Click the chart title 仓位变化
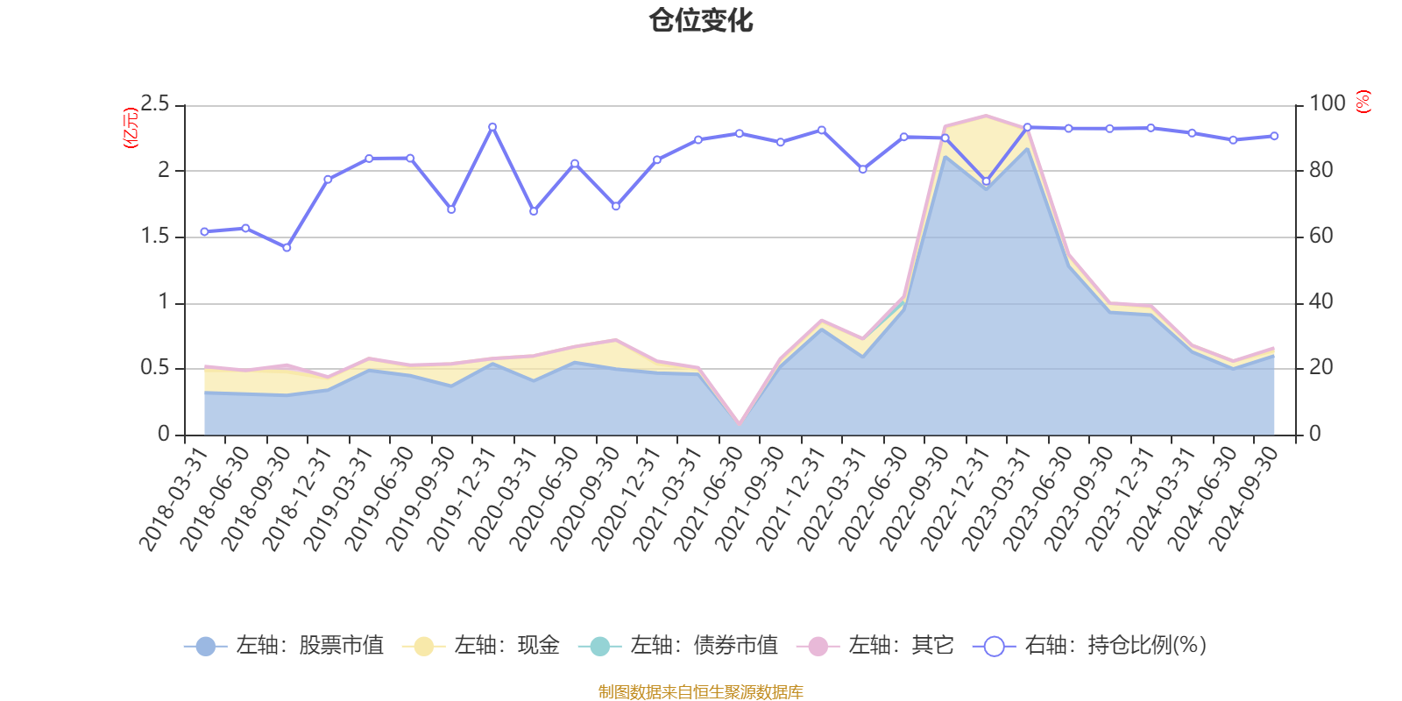(701, 20)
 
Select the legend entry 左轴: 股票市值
(284, 646)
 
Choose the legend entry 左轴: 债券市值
(678, 646)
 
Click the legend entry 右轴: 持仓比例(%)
(1090, 646)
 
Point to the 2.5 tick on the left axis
(155, 104)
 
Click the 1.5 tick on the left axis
(155, 237)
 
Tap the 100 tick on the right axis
(1327, 104)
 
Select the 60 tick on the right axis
(1321, 237)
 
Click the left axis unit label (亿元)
(131, 128)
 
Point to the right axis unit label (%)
(1363, 102)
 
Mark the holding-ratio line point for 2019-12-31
(492, 127)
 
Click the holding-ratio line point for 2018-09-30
(287, 248)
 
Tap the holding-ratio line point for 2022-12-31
(986, 181)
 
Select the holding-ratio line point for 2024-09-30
(1274, 136)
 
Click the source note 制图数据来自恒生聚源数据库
(701, 692)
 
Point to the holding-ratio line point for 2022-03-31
(863, 170)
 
